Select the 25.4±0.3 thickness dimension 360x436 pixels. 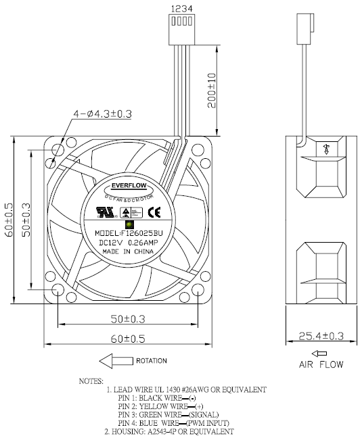pyautogui.click(x=318, y=335)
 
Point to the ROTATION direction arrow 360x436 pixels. pyautogui.click(x=116, y=360)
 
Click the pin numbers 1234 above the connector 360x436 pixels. pyautogui.click(x=180, y=9)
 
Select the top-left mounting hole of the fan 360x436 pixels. pyautogui.click(x=59, y=149)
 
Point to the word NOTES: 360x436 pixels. pyautogui.click(x=91, y=381)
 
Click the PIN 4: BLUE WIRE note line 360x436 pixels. pyautogui.click(x=172, y=422)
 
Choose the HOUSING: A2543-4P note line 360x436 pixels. pyautogui.click(x=169, y=431)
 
